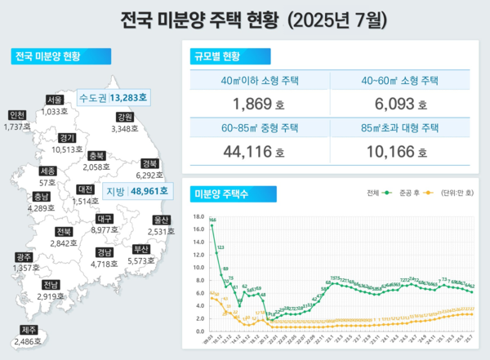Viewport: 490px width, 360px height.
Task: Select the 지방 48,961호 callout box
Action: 137,191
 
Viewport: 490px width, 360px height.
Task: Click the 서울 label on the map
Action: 55,100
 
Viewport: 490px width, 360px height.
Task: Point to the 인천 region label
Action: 16,115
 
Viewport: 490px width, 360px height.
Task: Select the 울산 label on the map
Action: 162,220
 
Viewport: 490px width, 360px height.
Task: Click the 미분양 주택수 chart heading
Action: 220,193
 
